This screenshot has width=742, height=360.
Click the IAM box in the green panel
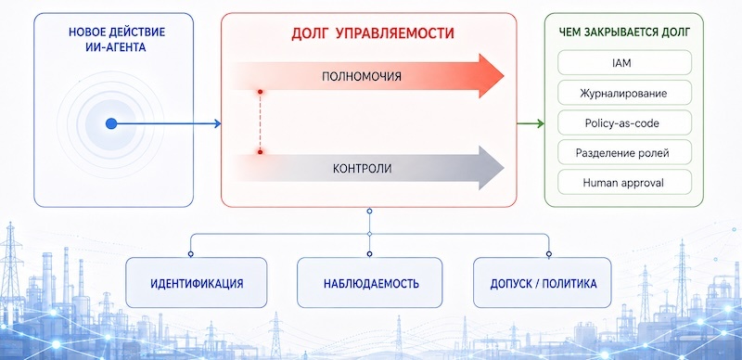(x=624, y=62)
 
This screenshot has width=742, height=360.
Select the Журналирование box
(x=624, y=93)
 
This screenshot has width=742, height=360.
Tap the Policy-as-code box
(x=624, y=122)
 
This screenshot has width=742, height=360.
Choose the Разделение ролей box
(x=624, y=152)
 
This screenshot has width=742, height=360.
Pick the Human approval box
(x=624, y=182)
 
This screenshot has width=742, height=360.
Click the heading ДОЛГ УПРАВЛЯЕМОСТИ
(x=373, y=33)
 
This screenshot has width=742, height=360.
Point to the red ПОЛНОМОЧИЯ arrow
(x=368, y=76)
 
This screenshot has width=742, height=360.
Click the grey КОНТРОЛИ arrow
(x=368, y=168)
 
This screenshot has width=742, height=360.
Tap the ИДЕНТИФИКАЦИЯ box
(x=197, y=283)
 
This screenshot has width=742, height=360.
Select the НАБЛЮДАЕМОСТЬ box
(x=369, y=283)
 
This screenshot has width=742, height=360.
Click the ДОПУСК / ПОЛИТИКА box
(x=543, y=283)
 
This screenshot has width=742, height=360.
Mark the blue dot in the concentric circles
(x=111, y=123)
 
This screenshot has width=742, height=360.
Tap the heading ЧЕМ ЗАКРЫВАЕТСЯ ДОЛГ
(x=624, y=32)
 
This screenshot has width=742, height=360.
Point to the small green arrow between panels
(x=531, y=123)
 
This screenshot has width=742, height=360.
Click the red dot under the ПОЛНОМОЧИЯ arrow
(x=260, y=92)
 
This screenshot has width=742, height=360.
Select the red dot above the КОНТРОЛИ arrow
(x=260, y=151)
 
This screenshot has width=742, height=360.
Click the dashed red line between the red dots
(x=260, y=122)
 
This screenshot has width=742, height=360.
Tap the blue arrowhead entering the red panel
(x=217, y=123)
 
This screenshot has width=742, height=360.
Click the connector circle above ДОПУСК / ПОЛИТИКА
(x=549, y=254)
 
